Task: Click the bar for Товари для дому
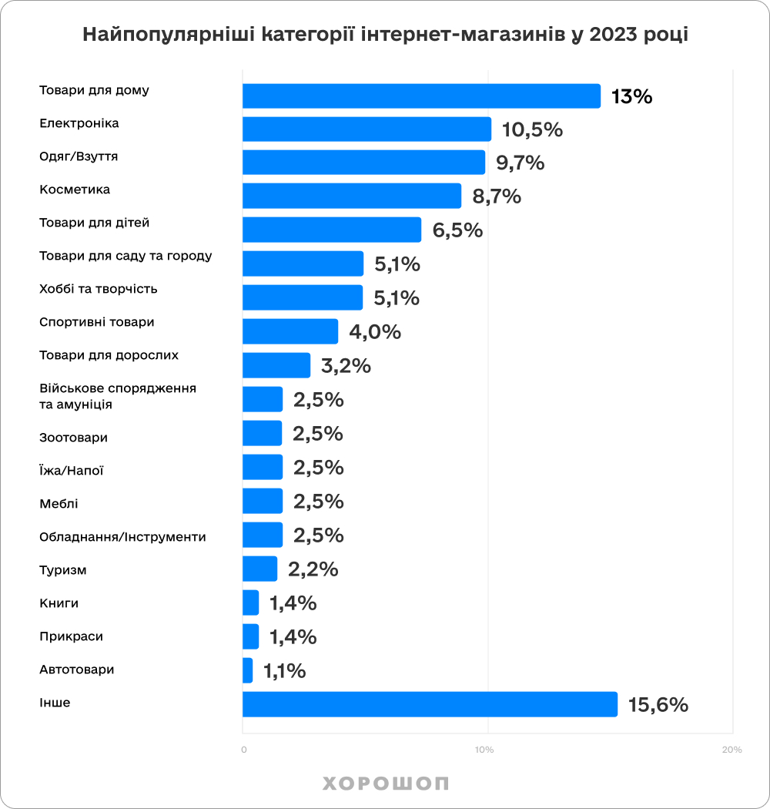(421, 96)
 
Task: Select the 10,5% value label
(532, 130)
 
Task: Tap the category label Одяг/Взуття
(79, 156)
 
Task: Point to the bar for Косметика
(352, 196)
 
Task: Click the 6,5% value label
(457, 230)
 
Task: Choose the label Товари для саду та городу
(126, 256)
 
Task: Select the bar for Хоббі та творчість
(303, 297)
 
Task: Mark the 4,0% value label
(375, 332)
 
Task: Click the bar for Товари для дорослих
(276, 365)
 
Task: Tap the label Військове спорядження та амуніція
(118, 396)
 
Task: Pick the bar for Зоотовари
(263, 433)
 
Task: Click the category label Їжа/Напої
(72, 471)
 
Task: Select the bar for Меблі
(263, 501)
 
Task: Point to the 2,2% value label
(313, 569)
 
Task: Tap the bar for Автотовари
(248, 670)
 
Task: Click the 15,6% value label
(658, 705)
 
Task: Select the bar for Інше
(430, 704)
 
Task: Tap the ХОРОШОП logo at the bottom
(385, 784)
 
